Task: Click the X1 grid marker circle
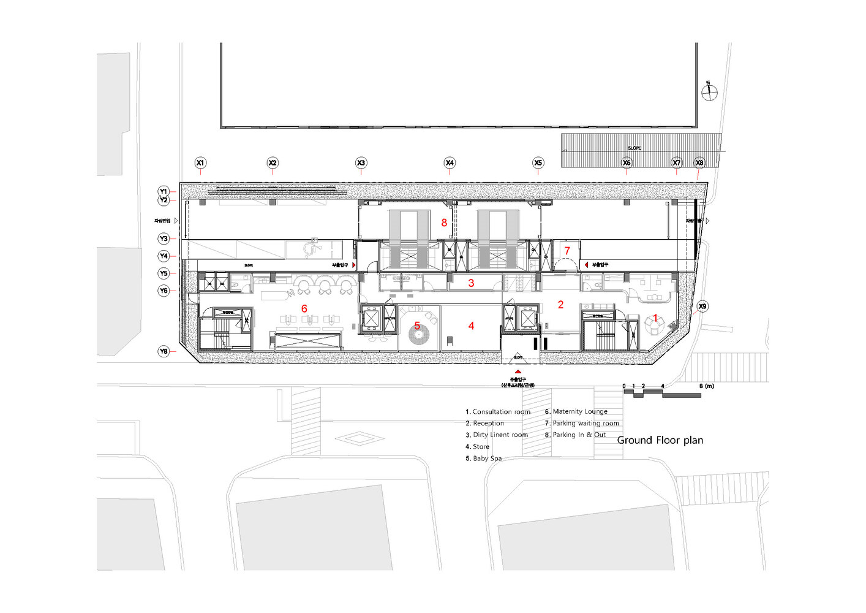click(x=200, y=163)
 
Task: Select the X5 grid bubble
click(x=538, y=163)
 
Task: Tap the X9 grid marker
click(x=702, y=306)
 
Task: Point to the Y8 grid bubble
click(x=164, y=351)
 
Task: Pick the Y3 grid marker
click(x=164, y=238)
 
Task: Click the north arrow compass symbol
click(x=709, y=92)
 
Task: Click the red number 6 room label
click(x=304, y=308)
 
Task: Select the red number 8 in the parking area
click(x=444, y=223)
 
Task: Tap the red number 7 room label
click(x=567, y=251)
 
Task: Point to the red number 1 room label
click(x=655, y=318)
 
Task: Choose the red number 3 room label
click(x=471, y=283)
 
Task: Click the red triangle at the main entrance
click(x=518, y=371)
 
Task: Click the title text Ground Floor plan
click(x=660, y=440)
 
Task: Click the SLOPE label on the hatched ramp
click(x=634, y=148)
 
